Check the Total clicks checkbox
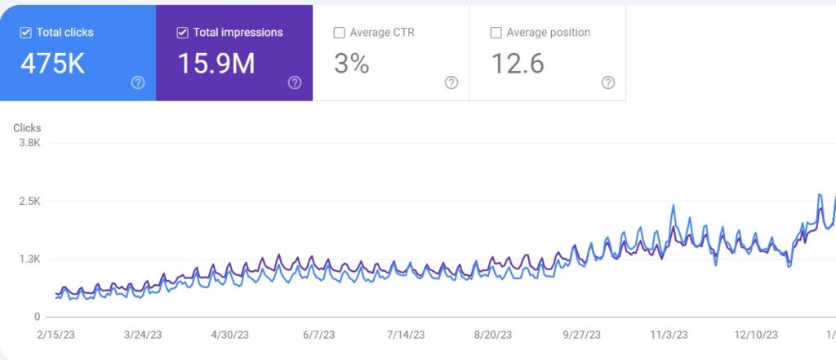(25, 33)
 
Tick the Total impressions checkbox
(182, 33)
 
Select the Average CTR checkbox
(339, 33)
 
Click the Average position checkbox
(496, 33)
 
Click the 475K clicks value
(52, 63)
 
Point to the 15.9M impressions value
(216, 63)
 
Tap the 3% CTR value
(351, 63)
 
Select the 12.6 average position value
(518, 63)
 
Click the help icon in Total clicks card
(138, 82)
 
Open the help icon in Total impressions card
(295, 82)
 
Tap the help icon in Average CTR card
(451, 82)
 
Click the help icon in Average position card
(608, 82)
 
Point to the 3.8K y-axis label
(29, 143)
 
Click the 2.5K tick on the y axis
(29, 201)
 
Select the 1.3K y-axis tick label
(29, 259)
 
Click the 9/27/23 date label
(581, 335)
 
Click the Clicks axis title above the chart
(27, 127)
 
